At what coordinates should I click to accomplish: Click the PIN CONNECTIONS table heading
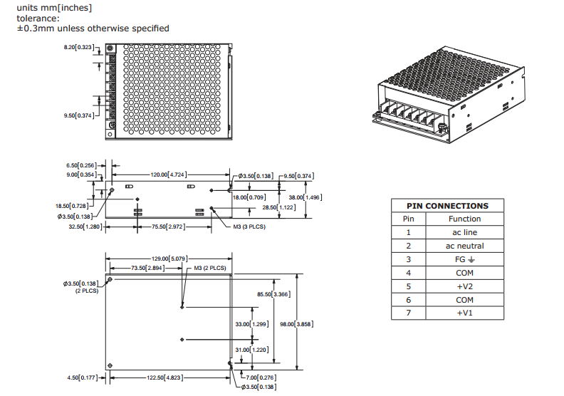pyautogui.click(x=446, y=205)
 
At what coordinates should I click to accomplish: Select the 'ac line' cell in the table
pyautogui.click(x=464, y=232)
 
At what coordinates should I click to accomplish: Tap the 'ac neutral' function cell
pyautogui.click(x=464, y=246)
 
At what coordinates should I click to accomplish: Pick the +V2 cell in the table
pyautogui.click(x=464, y=286)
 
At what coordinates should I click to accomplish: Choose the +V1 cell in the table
pyautogui.click(x=464, y=313)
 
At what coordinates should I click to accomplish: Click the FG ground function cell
pyautogui.click(x=464, y=259)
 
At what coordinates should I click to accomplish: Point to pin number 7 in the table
pyautogui.click(x=409, y=313)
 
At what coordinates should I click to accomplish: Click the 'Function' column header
pyautogui.click(x=464, y=219)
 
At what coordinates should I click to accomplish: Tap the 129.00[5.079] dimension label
pyautogui.click(x=168, y=259)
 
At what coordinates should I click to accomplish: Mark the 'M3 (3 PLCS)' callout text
pyautogui.click(x=251, y=226)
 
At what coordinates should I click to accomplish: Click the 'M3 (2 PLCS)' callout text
pyautogui.click(x=210, y=269)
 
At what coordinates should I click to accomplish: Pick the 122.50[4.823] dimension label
pyautogui.click(x=169, y=377)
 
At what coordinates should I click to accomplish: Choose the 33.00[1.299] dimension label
pyautogui.click(x=251, y=324)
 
